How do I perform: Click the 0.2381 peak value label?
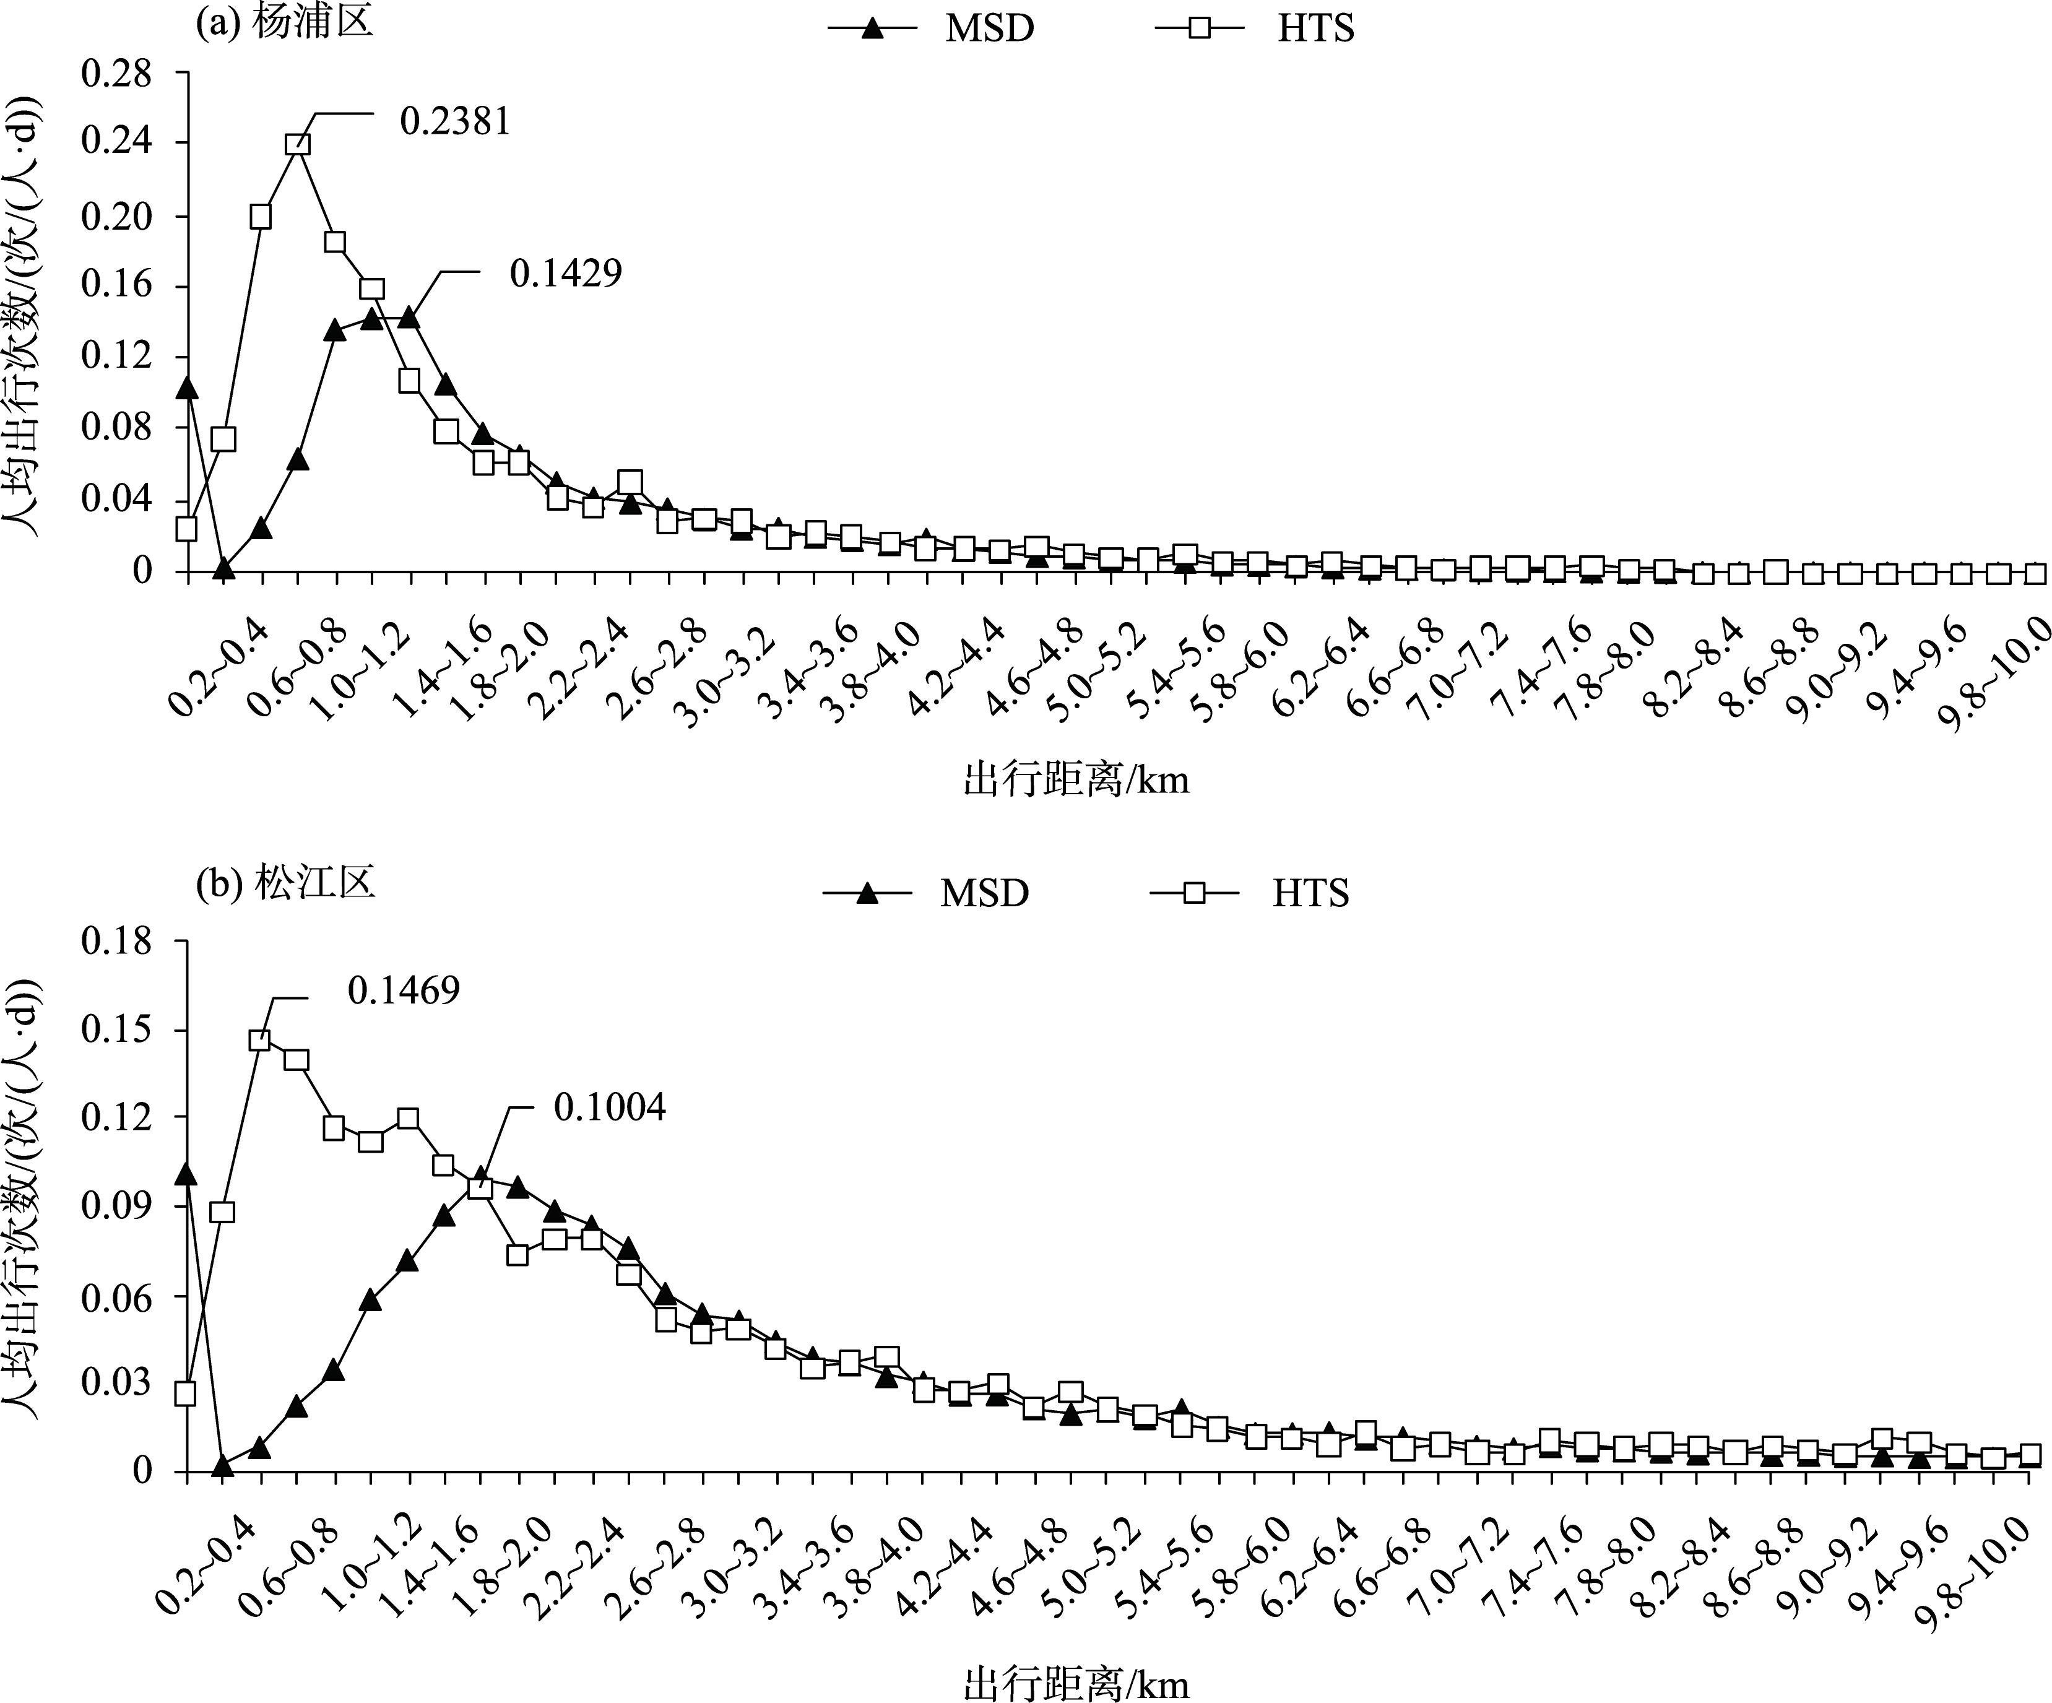456,121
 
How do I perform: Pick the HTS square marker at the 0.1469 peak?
260,1041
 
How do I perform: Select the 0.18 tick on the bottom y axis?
116,942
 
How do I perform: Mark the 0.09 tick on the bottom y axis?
116,1206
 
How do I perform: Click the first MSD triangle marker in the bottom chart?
187,1174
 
